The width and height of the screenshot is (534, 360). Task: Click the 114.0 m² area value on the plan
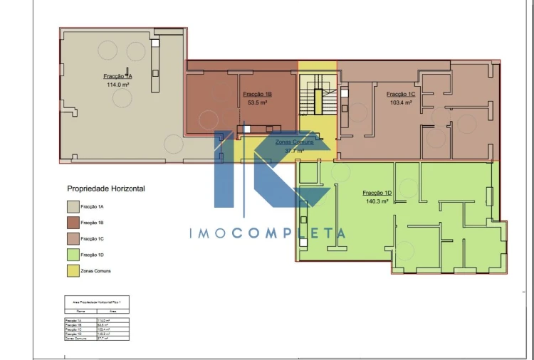click(117, 85)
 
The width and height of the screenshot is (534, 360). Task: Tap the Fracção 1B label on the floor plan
click(257, 95)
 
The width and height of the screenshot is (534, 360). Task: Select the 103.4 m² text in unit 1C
click(401, 102)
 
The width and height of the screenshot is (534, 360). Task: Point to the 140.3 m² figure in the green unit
click(377, 201)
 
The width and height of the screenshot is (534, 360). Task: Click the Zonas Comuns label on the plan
click(294, 142)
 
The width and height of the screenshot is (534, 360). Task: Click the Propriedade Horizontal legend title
click(106, 189)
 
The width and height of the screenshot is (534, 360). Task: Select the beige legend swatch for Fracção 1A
click(73, 207)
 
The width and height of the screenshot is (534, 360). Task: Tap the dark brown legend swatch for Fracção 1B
click(73, 223)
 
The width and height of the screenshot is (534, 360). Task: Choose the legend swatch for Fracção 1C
click(73, 239)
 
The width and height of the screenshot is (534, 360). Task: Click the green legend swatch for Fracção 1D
click(73, 255)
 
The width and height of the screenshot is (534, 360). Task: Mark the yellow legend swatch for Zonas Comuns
click(73, 271)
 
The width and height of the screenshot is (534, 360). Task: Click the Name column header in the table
click(80, 311)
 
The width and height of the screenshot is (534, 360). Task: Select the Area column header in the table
click(112, 311)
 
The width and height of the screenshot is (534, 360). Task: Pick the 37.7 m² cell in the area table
click(113, 339)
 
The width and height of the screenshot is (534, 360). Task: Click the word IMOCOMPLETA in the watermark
click(267, 233)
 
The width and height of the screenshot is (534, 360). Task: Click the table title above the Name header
click(98, 302)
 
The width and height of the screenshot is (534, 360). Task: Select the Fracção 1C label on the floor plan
click(402, 95)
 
